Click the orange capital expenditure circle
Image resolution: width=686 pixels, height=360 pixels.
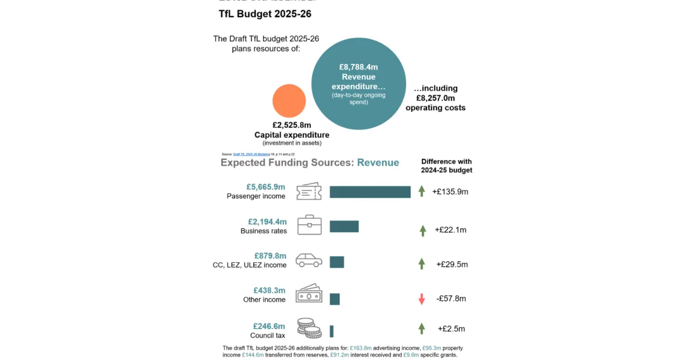(x=289, y=101)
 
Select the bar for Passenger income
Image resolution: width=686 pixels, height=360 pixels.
(x=370, y=192)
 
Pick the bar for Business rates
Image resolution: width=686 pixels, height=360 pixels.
(x=344, y=226)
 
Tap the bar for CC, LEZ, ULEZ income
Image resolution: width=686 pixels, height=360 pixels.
(x=337, y=262)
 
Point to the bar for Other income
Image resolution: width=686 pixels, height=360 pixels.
(x=335, y=299)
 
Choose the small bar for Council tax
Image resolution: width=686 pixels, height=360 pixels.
(x=332, y=331)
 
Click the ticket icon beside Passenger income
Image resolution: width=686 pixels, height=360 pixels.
(x=309, y=191)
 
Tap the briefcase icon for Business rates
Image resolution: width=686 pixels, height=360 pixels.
(x=309, y=225)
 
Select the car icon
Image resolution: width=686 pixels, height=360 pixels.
(x=309, y=261)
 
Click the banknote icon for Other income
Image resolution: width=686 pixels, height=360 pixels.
(x=309, y=294)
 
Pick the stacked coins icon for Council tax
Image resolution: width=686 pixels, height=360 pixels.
(x=309, y=329)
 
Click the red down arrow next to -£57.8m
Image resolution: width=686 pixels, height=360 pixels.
(x=422, y=299)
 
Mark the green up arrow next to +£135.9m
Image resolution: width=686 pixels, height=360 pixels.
(x=422, y=191)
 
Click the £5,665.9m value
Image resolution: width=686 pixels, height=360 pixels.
(x=266, y=187)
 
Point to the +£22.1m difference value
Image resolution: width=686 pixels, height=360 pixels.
(x=450, y=230)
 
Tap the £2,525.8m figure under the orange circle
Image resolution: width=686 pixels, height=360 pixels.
(x=292, y=125)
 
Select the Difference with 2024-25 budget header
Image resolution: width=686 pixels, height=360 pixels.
(x=446, y=166)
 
